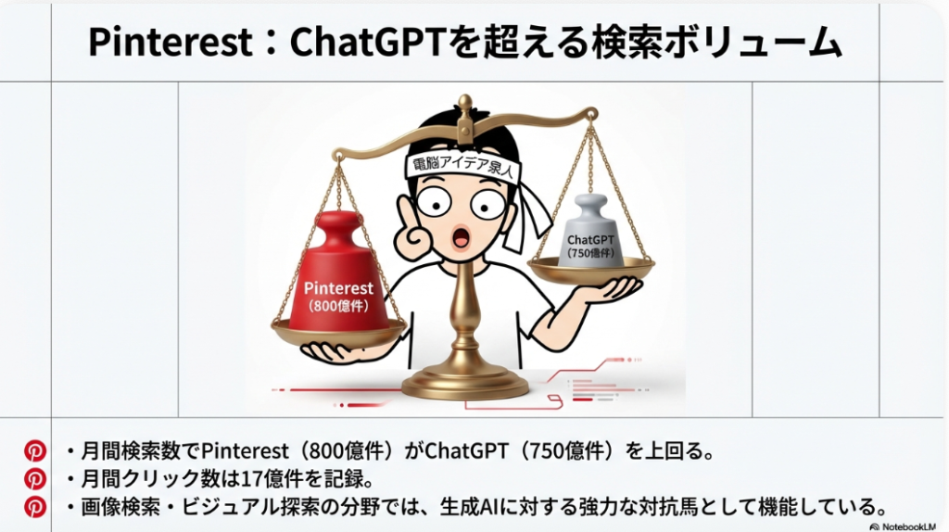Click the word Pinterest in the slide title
point(171,42)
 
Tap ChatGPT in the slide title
point(369,42)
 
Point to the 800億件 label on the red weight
point(338,306)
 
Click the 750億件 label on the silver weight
point(590,253)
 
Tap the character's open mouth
point(462,236)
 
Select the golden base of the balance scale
point(465,381)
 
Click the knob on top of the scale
point(465,102)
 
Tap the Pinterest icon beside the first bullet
point(35,450)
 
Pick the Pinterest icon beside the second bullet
point(35,479)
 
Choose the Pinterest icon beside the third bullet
point(35,507)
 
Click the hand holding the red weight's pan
point(339,351)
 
